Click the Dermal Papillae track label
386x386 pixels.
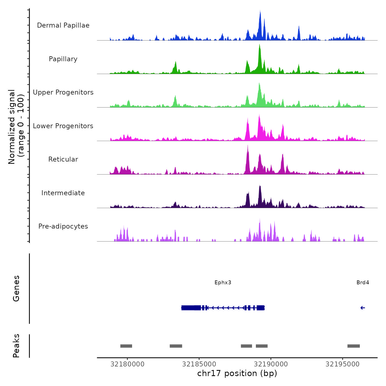(63, 25)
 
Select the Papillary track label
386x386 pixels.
(63, 59)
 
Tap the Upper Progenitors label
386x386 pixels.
(63, 92)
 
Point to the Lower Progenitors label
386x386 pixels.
(63, 126)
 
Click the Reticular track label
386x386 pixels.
(63, 159)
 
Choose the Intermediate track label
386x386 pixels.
(63, 193)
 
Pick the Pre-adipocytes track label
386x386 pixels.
(63, 226)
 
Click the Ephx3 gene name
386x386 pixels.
(223, 283)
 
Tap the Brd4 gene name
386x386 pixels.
(363, 283)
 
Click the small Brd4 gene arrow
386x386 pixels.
(363, 308)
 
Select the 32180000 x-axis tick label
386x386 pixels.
(127, 364)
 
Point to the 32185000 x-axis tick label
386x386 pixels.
(199, 364)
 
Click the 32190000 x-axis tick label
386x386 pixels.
(271, 364)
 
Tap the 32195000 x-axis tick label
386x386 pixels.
(342, 364)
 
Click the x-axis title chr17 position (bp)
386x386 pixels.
(237, 374)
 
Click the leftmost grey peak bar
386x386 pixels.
(126, 346)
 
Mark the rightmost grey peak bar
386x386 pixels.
(353, 346)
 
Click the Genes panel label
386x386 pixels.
(16, 288)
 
